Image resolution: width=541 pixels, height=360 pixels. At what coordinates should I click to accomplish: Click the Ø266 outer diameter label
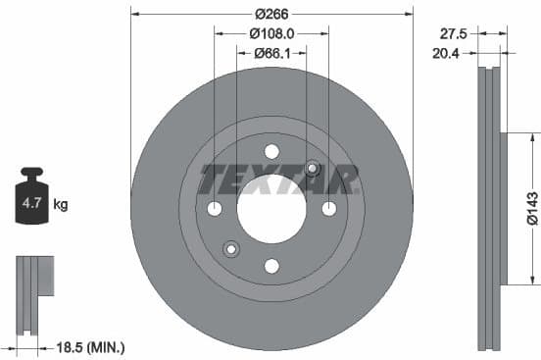(x=271, y=14)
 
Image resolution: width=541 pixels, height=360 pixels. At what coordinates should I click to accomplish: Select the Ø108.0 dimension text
(x=271, y=33)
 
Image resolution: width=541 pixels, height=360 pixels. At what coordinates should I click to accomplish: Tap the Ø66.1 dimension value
(x=271, y=53)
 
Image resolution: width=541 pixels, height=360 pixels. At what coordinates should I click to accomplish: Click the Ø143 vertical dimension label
(x=530, y=208)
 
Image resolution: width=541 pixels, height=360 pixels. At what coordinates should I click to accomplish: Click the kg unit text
(x=61, y=205)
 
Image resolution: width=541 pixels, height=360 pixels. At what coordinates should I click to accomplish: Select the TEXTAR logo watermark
(x=279, y=180)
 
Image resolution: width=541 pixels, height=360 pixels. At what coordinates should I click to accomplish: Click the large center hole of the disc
(x=271, y=209)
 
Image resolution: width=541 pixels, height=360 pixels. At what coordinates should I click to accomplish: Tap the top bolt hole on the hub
(x=271, y=151)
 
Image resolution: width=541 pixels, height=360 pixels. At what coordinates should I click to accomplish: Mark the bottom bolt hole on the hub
(x=271, y=266)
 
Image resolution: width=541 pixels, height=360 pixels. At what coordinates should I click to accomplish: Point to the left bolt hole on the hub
(x=215, y=208)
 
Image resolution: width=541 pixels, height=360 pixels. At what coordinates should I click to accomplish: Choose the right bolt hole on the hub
(x=329, y=208)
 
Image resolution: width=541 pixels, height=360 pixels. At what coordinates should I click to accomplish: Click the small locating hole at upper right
(x=313, y=169)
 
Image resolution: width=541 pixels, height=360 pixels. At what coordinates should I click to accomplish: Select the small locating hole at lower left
(x=231, y=247)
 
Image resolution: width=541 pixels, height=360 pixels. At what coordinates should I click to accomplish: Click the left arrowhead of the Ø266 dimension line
(x=135, y=14)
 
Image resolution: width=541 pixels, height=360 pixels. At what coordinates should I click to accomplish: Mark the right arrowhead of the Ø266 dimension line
(x=409, y=14)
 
